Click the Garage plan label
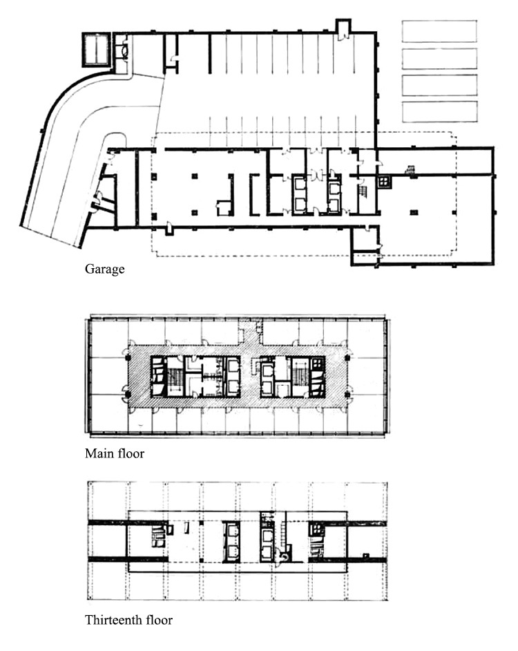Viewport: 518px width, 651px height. click(104, 269)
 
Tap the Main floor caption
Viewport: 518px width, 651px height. click(115, 453)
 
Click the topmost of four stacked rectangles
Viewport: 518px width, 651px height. click(439, 31)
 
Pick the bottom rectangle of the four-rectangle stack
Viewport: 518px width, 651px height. click(439, 112)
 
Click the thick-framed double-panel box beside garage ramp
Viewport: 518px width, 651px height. click(96, 49)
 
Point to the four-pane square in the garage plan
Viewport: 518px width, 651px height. click(384, 182)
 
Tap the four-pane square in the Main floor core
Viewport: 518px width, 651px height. click(318, 364)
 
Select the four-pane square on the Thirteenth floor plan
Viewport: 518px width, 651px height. click(316, 529)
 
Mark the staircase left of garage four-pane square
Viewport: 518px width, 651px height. click(363, 192)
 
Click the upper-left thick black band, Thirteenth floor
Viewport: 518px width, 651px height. click(108, 522)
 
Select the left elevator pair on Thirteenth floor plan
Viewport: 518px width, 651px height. click(231, 542)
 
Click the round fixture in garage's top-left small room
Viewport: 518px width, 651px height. click(124, 50)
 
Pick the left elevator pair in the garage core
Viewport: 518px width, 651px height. click(299, 195)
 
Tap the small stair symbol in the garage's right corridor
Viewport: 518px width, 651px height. click(410, 169)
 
